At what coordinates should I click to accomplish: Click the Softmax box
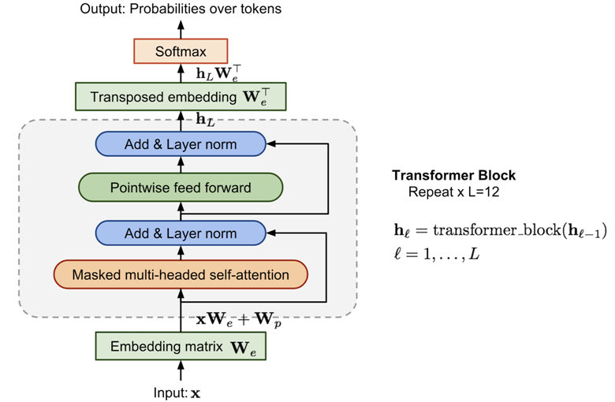[181, 53]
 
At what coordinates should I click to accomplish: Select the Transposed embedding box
[181, 98]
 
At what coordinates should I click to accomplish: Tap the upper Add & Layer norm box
[181, 145]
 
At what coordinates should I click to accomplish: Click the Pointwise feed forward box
[181, 188]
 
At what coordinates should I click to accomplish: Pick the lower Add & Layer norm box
[181, 233]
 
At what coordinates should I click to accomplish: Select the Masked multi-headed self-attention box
[181, 276]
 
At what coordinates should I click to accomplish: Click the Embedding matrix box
[181, 346]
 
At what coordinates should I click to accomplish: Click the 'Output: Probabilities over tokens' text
[181, 9]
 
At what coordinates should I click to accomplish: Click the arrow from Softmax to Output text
[181, 28]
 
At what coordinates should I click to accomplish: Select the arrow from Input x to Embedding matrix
[181, 371]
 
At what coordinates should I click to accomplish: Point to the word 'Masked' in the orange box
[93, 276]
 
